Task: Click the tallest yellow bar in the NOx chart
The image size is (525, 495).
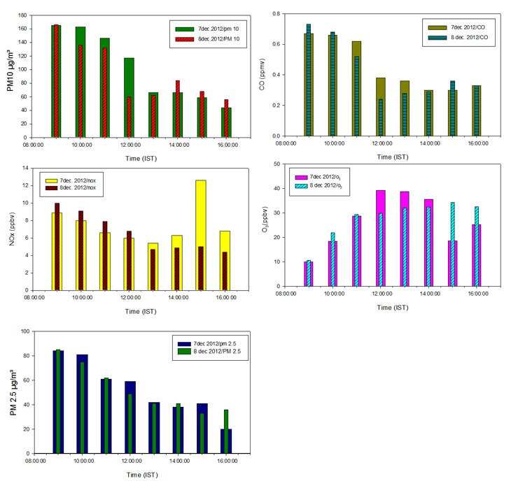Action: [200, 234]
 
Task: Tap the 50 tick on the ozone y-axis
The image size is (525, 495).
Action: [279, 164]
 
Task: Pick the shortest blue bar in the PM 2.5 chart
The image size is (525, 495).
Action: [226, 440]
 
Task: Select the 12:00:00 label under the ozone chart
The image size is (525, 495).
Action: [381, 295]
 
